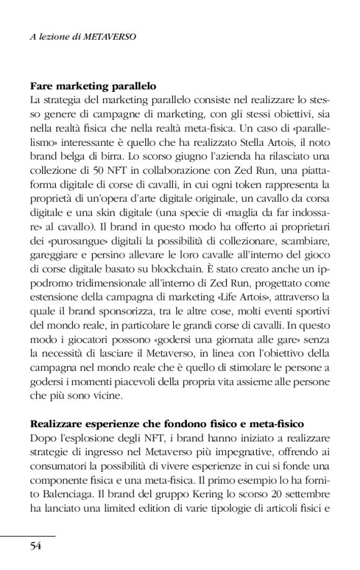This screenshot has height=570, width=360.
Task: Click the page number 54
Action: [x=35, y=546]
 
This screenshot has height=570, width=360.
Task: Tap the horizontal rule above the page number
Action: [x=28, y=535]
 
